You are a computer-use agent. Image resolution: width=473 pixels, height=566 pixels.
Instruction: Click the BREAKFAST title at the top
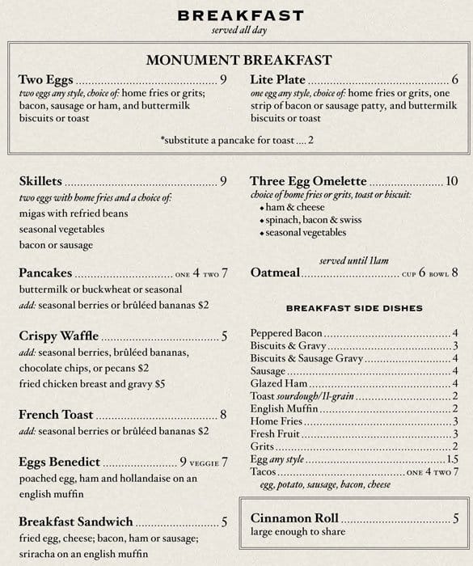pos(240,15)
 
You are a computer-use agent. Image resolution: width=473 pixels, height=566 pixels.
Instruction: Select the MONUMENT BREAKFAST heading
pos(239,60)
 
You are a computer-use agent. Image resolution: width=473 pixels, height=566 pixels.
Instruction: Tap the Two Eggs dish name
pos(45,80)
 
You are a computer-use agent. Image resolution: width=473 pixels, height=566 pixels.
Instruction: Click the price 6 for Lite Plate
pos(455,80)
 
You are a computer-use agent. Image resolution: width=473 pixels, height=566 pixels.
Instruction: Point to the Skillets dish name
pos(40,181)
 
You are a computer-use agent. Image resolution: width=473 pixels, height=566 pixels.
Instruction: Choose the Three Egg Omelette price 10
pos(451,181)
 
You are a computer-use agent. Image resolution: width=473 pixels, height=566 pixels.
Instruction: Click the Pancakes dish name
pos(45,272)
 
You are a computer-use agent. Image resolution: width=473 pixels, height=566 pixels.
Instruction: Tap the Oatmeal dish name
pos(275,272)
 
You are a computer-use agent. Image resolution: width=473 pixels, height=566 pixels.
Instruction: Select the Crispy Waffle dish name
pos(58,336)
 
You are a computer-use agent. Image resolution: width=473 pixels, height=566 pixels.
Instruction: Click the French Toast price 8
pos(223,415)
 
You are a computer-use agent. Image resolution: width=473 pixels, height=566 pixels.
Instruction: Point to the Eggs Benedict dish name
pos(59,463)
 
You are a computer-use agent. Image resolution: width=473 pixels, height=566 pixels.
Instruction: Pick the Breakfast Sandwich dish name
pos(75,522)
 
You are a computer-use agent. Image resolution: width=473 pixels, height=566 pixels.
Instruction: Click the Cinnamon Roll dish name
pos(294,518)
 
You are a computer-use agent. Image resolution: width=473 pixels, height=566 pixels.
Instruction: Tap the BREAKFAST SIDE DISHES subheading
pos(354,308)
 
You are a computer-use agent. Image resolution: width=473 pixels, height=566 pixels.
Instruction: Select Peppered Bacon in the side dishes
pos(286,333)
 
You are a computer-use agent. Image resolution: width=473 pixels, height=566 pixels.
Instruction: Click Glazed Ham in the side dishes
pos(280,383)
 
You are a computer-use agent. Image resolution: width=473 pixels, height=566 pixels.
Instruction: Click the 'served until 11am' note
pos(354,260)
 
